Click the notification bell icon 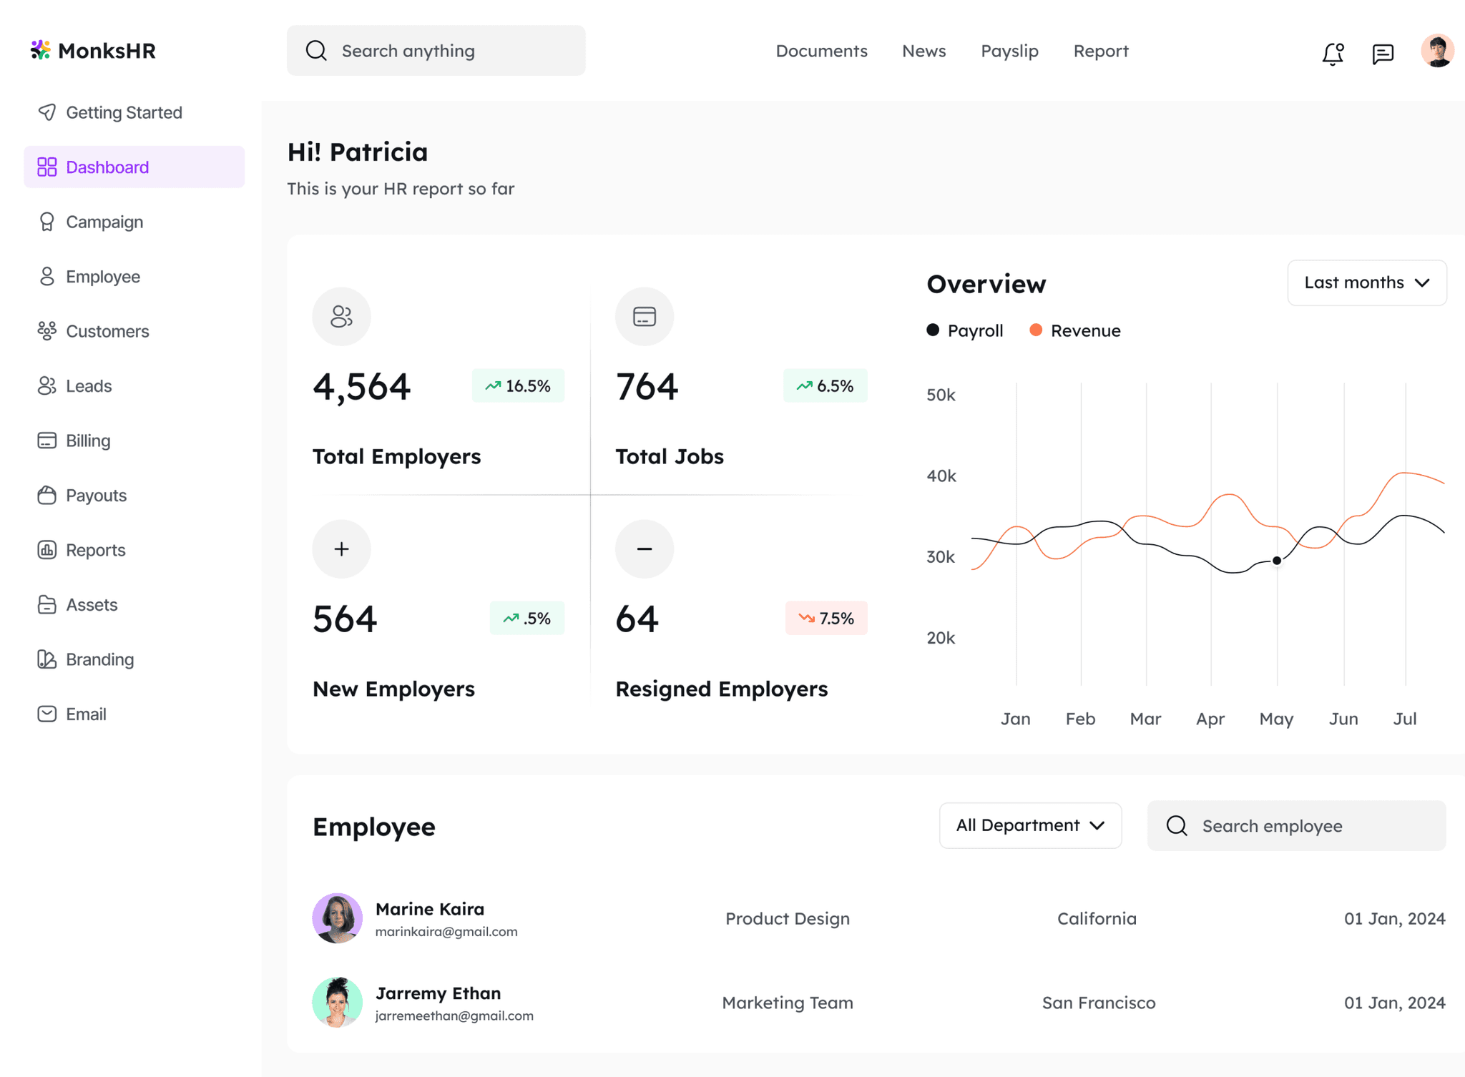coord(1333,54)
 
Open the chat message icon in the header coord(1383,54)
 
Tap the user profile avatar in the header coord(1437,51)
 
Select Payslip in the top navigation coord(1009,51)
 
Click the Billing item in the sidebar coord(88,441)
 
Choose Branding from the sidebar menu coord(99,659)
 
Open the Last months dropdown coord(1367,282)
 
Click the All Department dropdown coord(1030,825)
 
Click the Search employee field coord(1296,825)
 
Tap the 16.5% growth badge coord(518,385)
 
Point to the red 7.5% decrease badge coord(826,618)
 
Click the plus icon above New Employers coord(341,549)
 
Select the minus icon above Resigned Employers coord(645,549)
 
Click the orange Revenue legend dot coord(1036,330)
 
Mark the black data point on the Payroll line coord(1277,561)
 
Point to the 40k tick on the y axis coord(941,476)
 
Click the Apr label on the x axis coord(1210,719)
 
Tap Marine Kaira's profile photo coord(337,918)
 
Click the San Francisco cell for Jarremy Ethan coord(1099,1003)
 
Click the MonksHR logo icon coord(40,49)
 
